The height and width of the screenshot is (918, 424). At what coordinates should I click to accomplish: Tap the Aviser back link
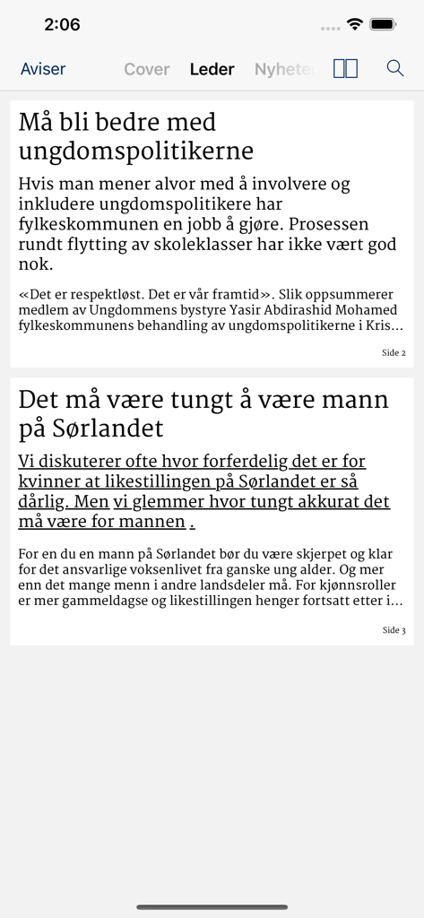click(43, 69)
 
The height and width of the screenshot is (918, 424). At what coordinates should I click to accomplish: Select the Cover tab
click(146, 69)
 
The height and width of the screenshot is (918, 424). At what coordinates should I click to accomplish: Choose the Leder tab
click(212, 69)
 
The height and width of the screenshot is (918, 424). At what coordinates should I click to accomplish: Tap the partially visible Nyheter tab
click(283, 69)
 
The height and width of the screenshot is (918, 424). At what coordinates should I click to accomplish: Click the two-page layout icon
click(345, 69)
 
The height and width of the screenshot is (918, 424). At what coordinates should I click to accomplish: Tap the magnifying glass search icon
click(394, 68)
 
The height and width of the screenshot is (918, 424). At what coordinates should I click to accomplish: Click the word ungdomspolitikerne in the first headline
click(135, 151)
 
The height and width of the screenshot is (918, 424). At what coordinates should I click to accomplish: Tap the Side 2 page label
click(394, 353)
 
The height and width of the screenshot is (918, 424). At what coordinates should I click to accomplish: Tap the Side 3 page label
click(394, 630)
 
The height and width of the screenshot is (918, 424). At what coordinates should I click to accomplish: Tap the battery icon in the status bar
click(384, 24)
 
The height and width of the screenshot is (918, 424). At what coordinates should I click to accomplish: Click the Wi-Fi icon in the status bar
click(355, 24)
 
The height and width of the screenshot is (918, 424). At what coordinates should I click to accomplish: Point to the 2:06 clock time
click(62, 25)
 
